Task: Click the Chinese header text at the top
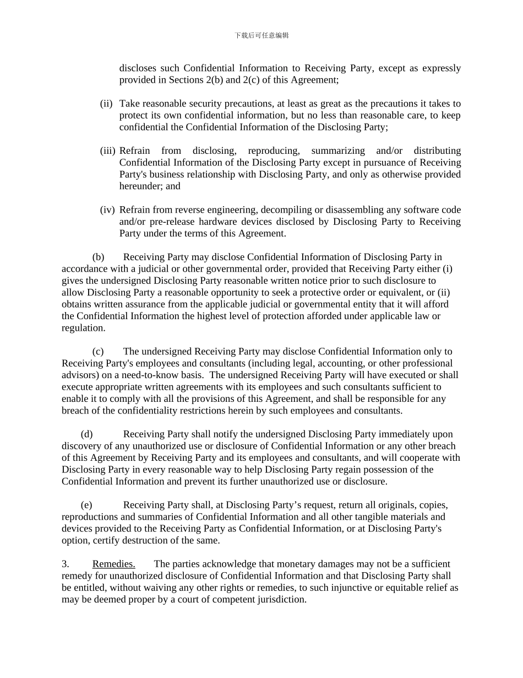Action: coord(261,35)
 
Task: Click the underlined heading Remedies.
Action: coord(113,564)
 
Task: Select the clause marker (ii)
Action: coord(106,104)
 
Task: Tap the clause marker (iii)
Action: coord(108,151)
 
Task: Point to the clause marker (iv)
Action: coord(107,210)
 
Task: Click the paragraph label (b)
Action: coord(98,257)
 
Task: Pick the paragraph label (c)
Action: coord(98,352)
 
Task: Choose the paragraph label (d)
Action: coord(86,434)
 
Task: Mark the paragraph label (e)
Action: coord(86,505)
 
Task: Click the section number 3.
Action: coord(65,564)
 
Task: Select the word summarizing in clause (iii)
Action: coord(337,151)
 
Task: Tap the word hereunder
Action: coord(141,186)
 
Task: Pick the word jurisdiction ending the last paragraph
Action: coord(282,599)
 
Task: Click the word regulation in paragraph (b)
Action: coord(83,328)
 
